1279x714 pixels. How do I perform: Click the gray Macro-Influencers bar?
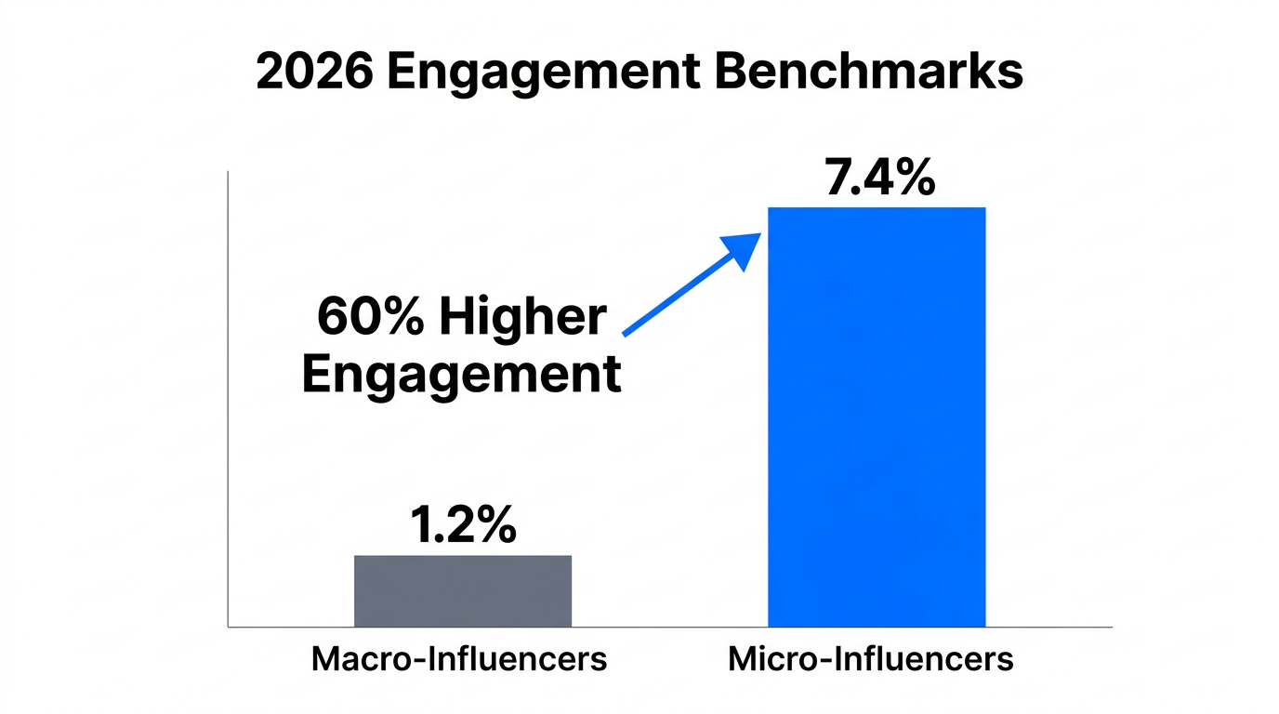pyautogui.click(x=462, y=590)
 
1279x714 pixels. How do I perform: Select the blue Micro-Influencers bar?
pyautogui.click(x=876, y=418)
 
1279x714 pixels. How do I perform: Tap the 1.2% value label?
pyautogui.click(x=463, y=526)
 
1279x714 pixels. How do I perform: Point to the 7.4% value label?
pyautogui.click(x=878, y=178)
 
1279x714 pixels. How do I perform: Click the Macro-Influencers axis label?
pyautogui.click(x=458, y=659)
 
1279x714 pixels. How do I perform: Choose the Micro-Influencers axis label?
pyautogui.click(x=870, y=659)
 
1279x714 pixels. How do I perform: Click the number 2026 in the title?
pyautogui.click(x=314, y=72)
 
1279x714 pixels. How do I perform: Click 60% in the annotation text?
pyautogui.click(x=370, y=318)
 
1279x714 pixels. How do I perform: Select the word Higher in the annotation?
pyautogui.click(x=522, y=318)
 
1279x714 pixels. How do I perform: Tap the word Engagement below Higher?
pyautogui.click(x=461, y=375)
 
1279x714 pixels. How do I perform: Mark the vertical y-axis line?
pyautogui.click(x=228, y=400)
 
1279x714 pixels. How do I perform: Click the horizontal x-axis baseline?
pyautogui.click(x=669, y=627)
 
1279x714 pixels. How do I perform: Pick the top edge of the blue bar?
pyautogui.click(x=876, y=208)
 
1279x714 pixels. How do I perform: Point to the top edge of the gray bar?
pyautogui.click(x=462, y=556)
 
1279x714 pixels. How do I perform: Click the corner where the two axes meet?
pyautogui.click(x=228, y=627)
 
